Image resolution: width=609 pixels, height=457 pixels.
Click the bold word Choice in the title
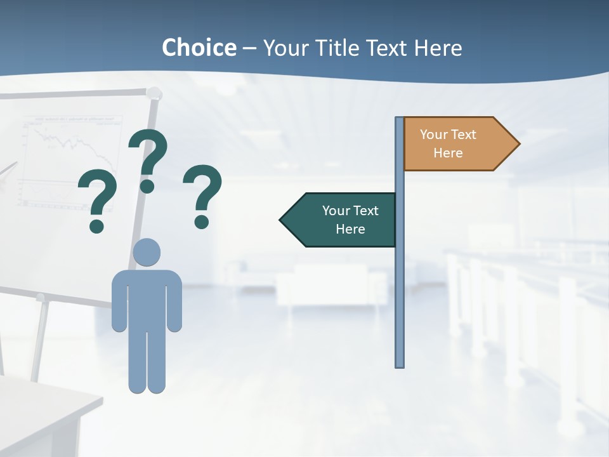point(199,48)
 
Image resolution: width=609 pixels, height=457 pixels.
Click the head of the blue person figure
point(147,253)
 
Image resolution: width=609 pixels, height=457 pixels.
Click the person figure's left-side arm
point(119,301)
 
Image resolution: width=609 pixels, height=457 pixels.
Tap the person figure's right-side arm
point(174,301)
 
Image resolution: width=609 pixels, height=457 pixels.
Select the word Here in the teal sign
point(350,229)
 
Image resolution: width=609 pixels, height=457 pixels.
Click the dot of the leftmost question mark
point(96,225)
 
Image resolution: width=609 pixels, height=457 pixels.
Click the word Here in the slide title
point(438,48)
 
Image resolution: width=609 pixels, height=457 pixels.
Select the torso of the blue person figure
point(147,298)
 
